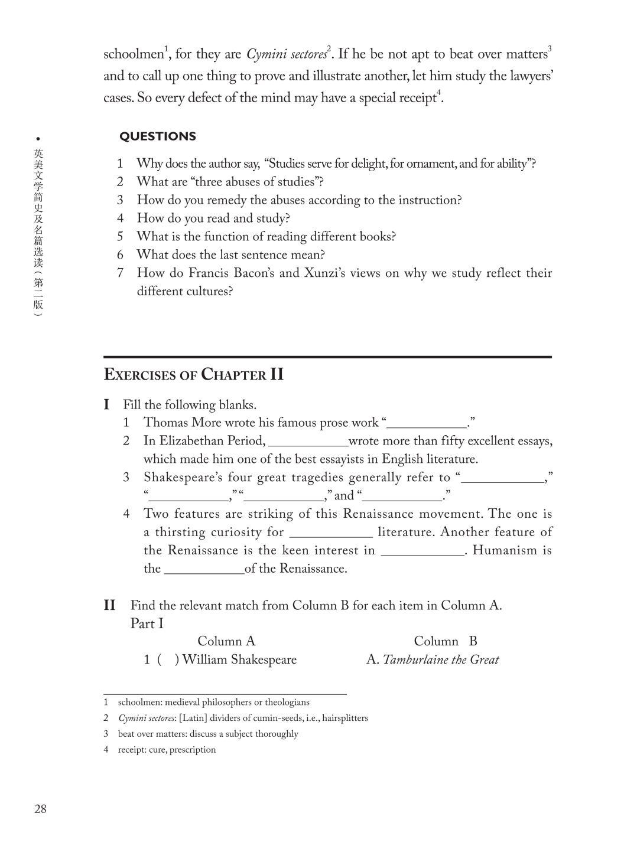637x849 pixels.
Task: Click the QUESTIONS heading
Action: click(x=158, y=136)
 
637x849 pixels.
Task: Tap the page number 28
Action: click(x=40, y=809)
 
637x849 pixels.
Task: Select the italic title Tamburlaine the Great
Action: click(x=441, y=659)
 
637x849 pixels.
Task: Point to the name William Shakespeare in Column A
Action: click(x=239, y=659)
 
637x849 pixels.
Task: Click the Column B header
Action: click(x=445, y=641)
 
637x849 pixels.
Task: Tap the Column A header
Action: click(x=226, y=641)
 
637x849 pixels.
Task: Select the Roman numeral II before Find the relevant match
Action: click(x=109, y=605)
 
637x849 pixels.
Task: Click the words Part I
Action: click(x=147, y=623)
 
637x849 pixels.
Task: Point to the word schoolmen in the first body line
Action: click(x=133, y=55)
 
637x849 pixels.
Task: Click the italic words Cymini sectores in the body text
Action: click(x=286, y=55)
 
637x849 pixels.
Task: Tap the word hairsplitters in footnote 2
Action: click(x=344, y=718)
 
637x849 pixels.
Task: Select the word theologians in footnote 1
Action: click(x=287, y=702)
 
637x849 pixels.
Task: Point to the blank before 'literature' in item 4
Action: click(x=331, y=533)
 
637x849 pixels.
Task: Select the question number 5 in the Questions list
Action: click(x=120, y=237)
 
